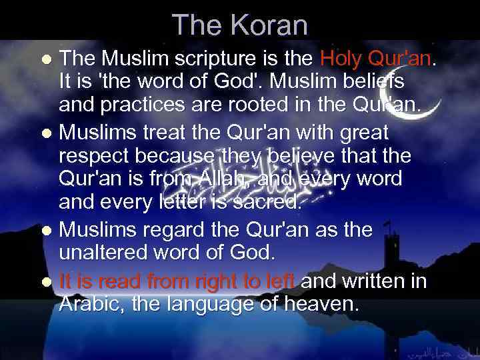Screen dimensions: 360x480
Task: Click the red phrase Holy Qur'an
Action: (x=375, y=59)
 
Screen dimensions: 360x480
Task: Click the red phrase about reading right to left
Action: (x=177, y=281)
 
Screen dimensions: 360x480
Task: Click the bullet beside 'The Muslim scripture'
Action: (x=49, y=59)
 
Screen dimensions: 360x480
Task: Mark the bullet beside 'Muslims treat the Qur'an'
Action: (x=49, y=133)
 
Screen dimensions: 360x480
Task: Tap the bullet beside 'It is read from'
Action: (x=49, y=281)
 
